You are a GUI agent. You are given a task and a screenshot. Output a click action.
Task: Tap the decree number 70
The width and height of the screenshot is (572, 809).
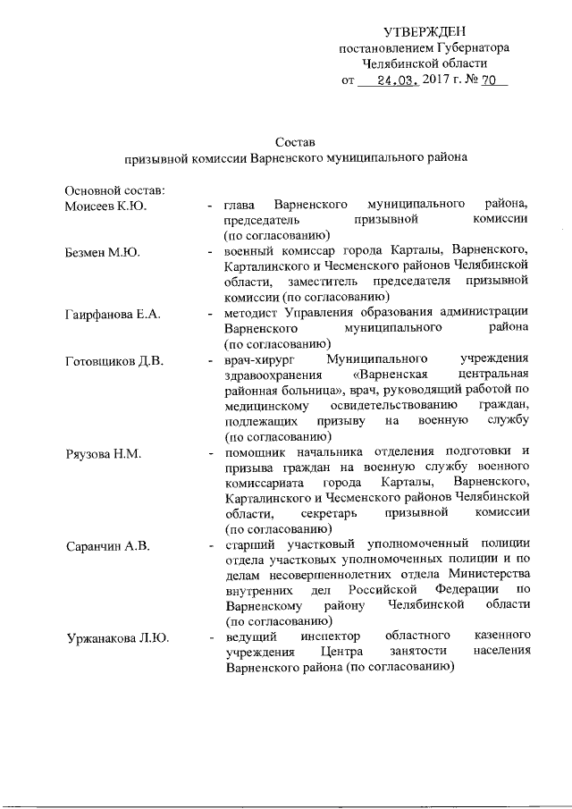(x=489, y=80)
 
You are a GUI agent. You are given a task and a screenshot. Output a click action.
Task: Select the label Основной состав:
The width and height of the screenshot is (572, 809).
(x=112, y=190)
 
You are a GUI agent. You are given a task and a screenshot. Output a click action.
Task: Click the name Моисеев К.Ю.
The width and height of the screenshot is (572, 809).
(x=105, y=206)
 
